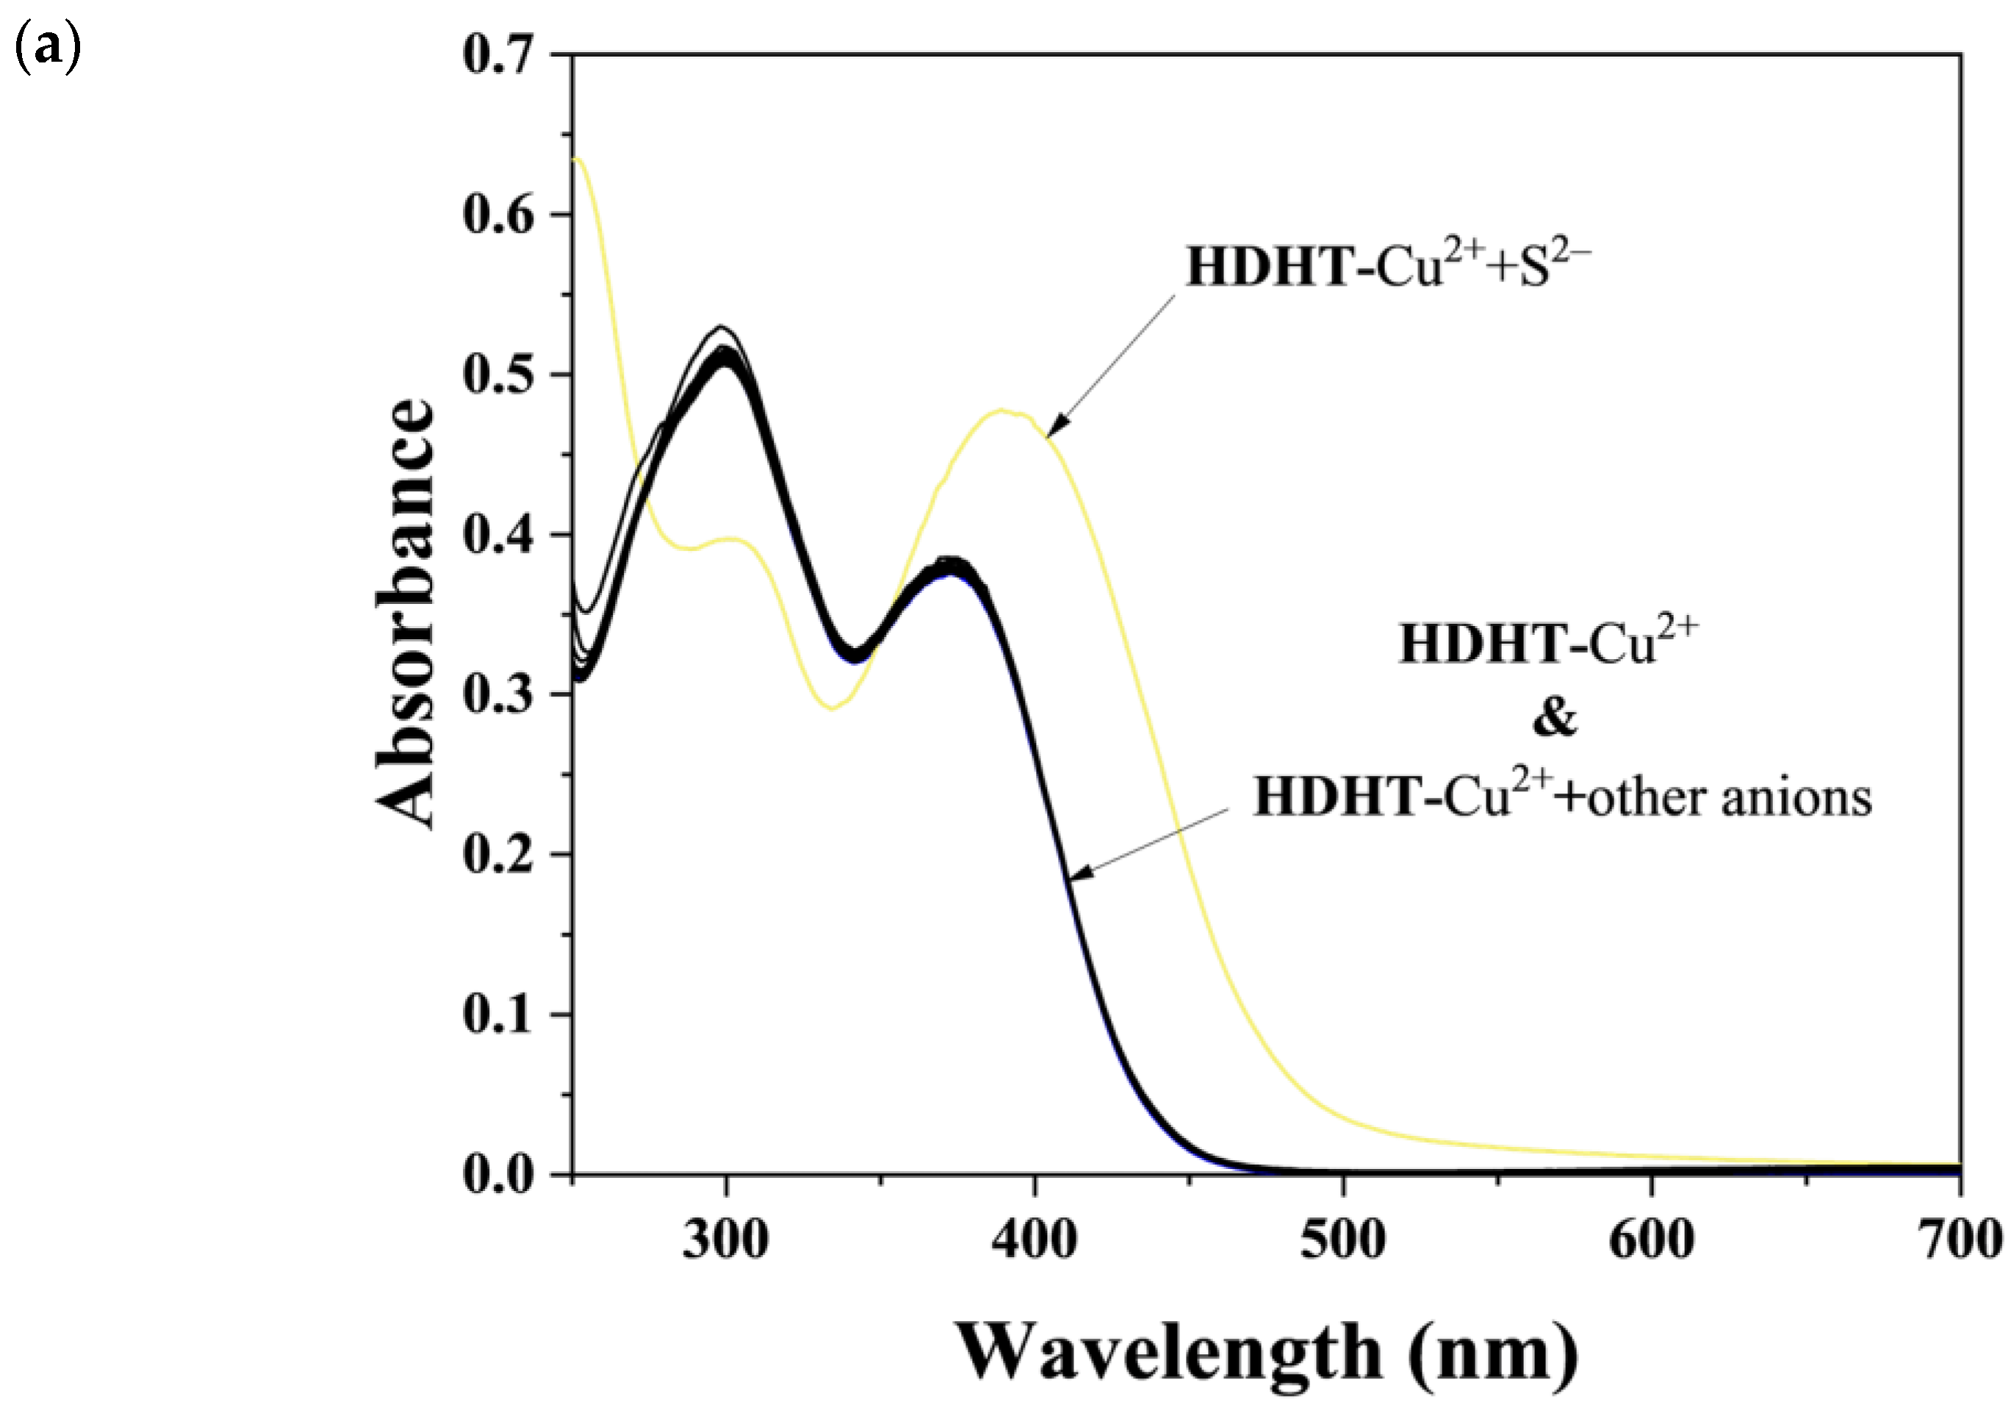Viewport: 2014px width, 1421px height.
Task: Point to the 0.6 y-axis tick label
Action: (x=497, y=215)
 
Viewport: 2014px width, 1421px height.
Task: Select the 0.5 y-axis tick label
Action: (x=497, y=375)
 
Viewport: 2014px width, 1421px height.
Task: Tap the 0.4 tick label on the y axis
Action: (x=497, y=535)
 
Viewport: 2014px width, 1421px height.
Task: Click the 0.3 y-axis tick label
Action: (x=497, y=695)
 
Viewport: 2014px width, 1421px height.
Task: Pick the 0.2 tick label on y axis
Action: (x=497, y=855)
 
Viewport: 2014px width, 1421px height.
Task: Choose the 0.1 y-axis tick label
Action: (x=497, y=1015)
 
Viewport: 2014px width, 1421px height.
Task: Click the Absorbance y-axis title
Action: (x=406, y=614)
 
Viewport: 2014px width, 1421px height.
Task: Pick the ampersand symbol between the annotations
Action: (x=1554, y=718)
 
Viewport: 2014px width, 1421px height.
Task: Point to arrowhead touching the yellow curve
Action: (x=1056, y=427)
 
